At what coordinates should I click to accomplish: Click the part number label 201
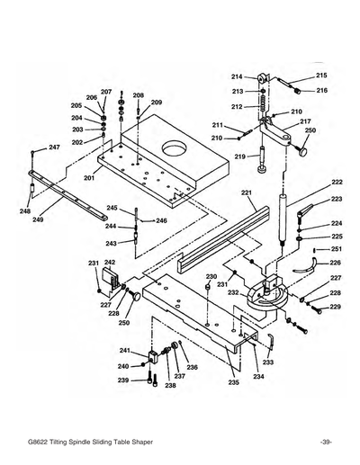click(x=89, y=178)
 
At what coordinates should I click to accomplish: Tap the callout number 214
click(x=237, y=76)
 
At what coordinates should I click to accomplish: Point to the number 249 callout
click(x=38, y=219)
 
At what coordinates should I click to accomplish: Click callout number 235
click(x=233, y=383)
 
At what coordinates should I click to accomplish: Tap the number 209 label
click(x=156, y=103)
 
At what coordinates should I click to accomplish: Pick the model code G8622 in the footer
click(x=44, y=443)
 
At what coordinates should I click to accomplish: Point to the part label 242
click(x=110, y=263)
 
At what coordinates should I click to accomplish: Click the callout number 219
click(x=240, y=157)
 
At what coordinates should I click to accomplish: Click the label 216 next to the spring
click(x=321, y=91)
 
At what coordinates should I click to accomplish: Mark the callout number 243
click(x=111, y=243)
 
